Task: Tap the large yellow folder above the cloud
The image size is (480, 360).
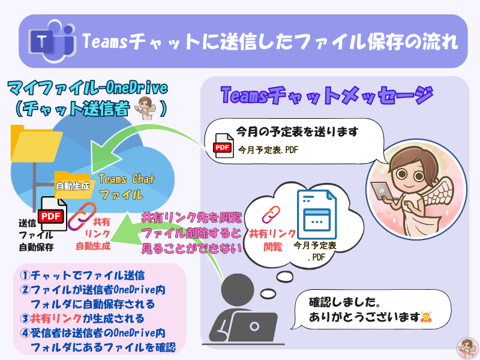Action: pyautogui.click(x=36, y=144)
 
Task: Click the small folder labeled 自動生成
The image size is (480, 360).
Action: pyautogui.click(x=73, y=185)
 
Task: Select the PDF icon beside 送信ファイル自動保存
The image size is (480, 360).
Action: pyautogui.click(x=53, y=214)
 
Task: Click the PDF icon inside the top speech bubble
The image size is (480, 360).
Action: pyautogui.click(x=223, y=146)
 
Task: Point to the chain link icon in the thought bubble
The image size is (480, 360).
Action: pyautogui.click(x=271, y=214)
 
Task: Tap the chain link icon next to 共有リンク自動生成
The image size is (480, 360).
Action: pyautogui.click(x=82, y=217)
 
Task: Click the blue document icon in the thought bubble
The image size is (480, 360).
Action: pyautogui.click(x=317, y=215)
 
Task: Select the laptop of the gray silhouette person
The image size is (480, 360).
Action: pyautogui.click(x=254, y=326)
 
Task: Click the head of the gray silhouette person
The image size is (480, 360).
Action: pyautogui.click(x=237, y=290)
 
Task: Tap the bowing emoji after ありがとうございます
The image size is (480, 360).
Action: pyautogui.click(x=426, y=317)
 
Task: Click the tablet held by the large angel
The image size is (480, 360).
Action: pyautogui.click(x=382, y=192)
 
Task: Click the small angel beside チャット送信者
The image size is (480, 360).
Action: pyautogui.click(x=145, y=108)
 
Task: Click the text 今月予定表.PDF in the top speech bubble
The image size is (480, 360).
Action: pyautogui.click(x=268, y=150)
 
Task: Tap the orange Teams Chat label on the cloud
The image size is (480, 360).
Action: pyautogui.click(x=127, y=179)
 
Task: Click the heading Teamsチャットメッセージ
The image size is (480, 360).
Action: pyautogui.click(x=326, y=95)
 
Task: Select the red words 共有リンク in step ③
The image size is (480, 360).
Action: pyautogui.click(x=56, y=319)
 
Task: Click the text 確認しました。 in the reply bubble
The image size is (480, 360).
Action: pyautogui.click(x=344, y=302)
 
